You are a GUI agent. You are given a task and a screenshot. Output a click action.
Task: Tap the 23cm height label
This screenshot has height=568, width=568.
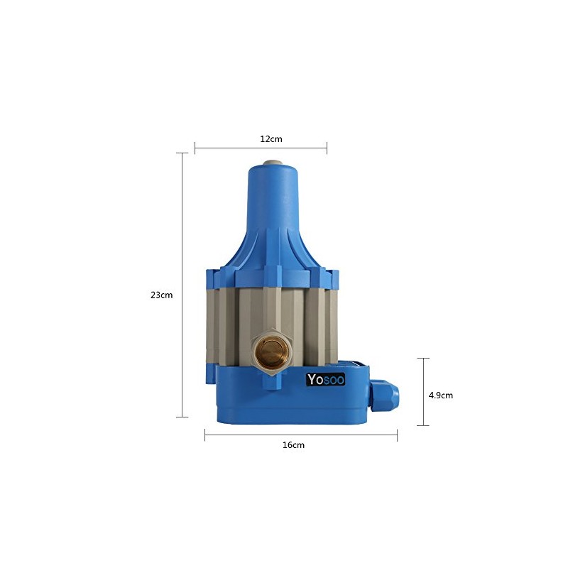tap(162, 295)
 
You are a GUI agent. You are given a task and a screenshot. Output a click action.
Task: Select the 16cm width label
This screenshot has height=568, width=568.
tap(293, 445)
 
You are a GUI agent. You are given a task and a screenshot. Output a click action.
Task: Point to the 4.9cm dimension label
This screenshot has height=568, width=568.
tap(440, 395)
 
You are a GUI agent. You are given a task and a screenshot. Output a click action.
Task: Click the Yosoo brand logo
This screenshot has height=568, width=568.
tap(325, 380)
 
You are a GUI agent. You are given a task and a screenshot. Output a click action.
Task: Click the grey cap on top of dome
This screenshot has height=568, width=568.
tap(273, 163)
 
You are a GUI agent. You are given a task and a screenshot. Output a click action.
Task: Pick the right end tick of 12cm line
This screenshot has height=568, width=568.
tap(327, 148)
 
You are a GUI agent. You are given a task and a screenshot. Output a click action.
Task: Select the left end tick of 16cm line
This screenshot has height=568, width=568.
tap(205, 435)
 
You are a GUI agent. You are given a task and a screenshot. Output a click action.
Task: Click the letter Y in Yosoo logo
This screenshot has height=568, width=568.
tap(311, 380)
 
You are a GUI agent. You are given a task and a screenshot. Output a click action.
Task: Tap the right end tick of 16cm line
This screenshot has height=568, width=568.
tap(397, 435)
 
